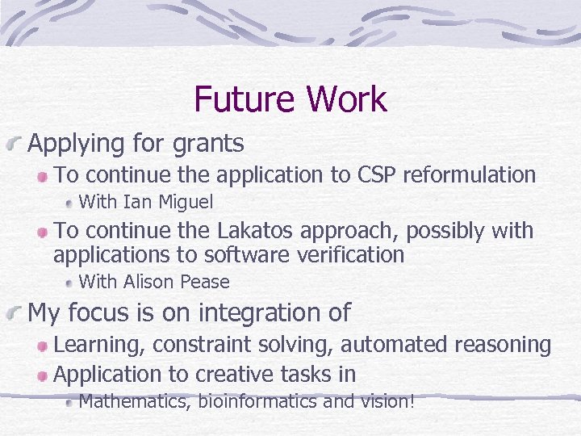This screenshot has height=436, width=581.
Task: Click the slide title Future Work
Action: (290, 100)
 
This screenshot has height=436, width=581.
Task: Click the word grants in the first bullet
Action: (208, 144)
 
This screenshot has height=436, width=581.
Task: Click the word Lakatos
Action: (256, 231)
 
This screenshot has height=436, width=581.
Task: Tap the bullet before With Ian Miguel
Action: (70, 202)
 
